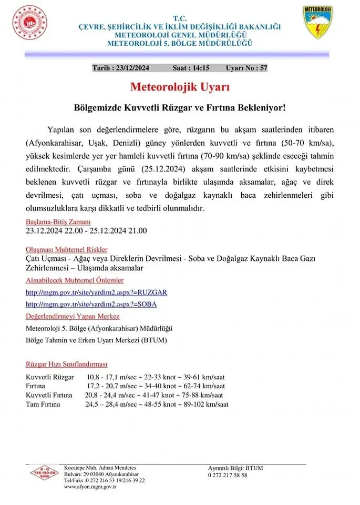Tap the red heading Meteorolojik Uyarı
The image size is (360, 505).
(180, 86)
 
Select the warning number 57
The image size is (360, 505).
(263, 68)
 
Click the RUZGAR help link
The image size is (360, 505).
(96, 292)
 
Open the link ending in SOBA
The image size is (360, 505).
(91, 304)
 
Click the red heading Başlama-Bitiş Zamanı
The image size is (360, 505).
(58, 221)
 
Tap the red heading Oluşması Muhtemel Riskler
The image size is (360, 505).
(67, 249)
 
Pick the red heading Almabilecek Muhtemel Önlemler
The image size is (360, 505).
(75, 280)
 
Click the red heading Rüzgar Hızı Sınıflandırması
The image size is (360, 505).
(66, 364)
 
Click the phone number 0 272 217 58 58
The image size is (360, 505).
(227, 475)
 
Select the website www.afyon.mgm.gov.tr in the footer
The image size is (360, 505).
(90, 487)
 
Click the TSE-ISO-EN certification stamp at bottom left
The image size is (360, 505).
(44, 472)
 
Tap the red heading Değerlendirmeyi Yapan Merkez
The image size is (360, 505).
(72, 316)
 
